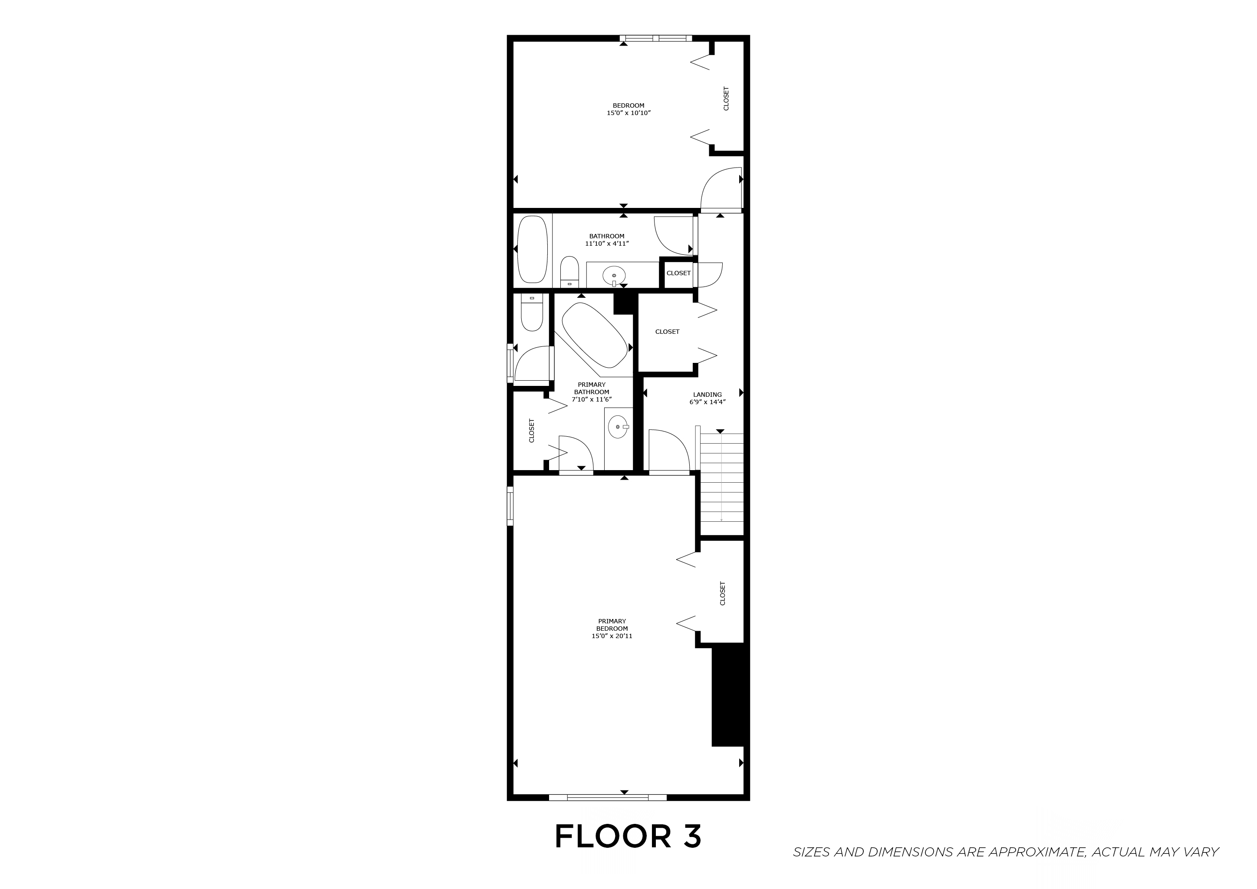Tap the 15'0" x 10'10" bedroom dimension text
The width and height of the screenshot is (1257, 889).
click(x=628, y=113)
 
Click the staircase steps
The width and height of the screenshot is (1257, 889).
click(x=721, y=476)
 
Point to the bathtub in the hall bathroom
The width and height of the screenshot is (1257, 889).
click(x=532, y=249)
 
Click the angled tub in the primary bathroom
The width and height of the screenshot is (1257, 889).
click(x=595, y=335)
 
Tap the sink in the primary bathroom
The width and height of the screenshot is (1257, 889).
click(x=619, y=426)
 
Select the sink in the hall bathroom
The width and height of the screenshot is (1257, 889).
click(x=614, y=277)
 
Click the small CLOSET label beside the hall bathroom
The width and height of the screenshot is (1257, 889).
click(x=678, y=273)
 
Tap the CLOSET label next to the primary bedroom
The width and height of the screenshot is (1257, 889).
click(x=722, y=593)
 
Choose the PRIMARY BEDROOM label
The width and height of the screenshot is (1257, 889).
click(x=612, y=625)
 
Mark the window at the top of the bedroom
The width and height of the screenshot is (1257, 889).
click(x=656, y=38)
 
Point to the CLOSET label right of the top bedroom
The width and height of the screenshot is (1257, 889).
click(x=726, y=99)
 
